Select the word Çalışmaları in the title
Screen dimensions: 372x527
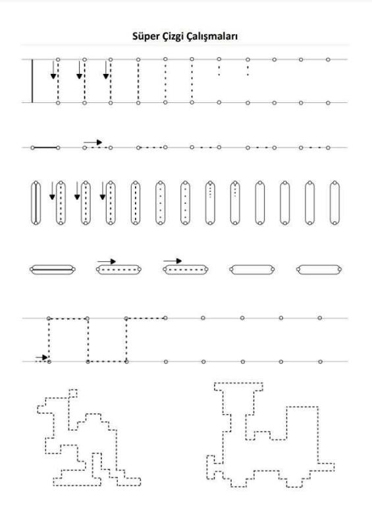click(x=211, y=37)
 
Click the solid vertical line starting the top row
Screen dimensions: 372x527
click(x=32, y=81)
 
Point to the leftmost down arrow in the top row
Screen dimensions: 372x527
click(x=53, y=70)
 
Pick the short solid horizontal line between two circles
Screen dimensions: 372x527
click(x=45, y=148)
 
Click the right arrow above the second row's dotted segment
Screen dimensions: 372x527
click(x=93, y=142)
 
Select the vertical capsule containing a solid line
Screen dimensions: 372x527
click(x=36, y=202)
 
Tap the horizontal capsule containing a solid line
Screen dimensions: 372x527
click(x=52, y=269)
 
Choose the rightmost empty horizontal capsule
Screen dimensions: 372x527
click(x=319, y=269)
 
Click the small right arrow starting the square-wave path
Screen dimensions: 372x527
click(x=42, y=357)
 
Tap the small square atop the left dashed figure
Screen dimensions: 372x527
click(x=73, y=394)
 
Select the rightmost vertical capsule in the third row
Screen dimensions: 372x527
click(x=334, y=202)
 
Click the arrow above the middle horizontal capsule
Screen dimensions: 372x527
click(x=173, y=261)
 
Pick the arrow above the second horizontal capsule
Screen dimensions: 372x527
click(x=107, y=261)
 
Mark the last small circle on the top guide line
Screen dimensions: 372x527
click(x=328, y=59)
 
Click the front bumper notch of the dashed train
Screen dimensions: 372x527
click(x=211, y=467)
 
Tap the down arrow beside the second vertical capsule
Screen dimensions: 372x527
click(x=52, y=191)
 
